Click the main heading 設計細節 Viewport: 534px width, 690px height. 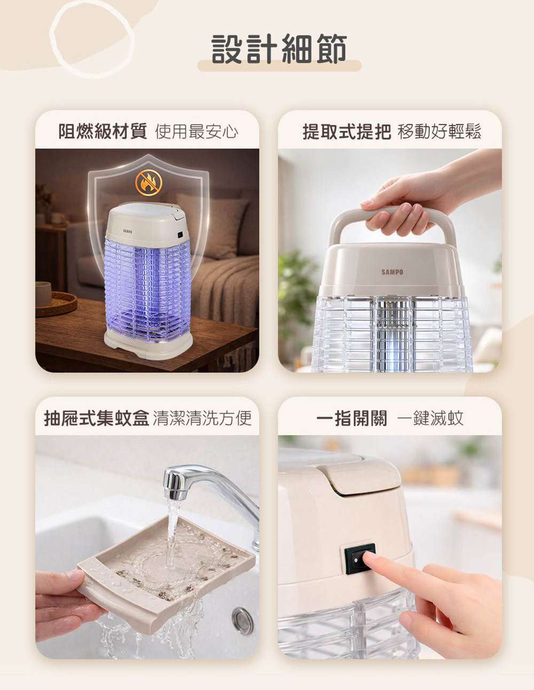(x=279, y=49)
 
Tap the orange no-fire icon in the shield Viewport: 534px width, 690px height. (x=148, y=183)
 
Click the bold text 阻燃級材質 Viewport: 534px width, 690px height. (x=103, y=131)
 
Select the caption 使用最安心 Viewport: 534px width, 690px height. (x=197, y=131)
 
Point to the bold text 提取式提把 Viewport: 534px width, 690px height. (x=347, y=131)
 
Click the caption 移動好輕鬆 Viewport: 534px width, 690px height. (x=439, y=131)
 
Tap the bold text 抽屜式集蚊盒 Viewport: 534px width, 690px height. (x=97, y=418)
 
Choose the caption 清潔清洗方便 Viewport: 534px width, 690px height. (x=202, y=418)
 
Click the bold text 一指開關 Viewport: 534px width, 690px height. (x=352, y=418)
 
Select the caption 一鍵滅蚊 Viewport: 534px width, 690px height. (x=430, y=418)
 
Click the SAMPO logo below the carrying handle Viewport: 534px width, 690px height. (x=392, y=272)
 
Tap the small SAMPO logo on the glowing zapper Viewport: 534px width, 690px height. (x=128, y=231)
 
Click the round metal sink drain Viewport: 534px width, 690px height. (x=243, y=621)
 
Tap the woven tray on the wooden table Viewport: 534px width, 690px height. (x=56, y=304)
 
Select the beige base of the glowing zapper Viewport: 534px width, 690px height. (x=148, y=344)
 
